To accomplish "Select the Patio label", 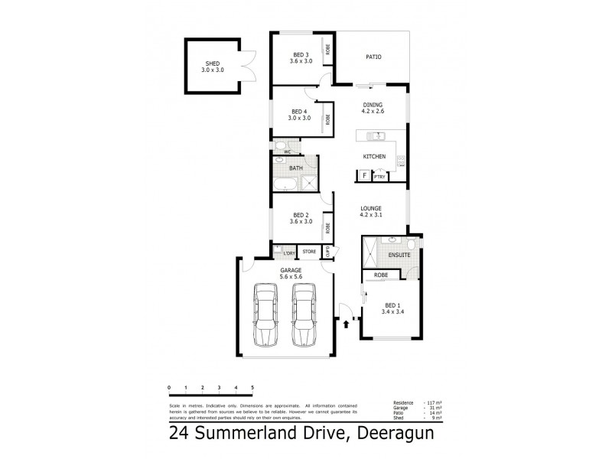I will (x=373, y=57).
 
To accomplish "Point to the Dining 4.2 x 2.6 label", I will (x=373, y=109).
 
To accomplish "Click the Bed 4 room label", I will (x=299, y=115).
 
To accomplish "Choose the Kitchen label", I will (x=373, y=157).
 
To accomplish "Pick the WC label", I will (x=288, y=152).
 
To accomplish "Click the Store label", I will (x=309, y=252).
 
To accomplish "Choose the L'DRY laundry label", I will (x=289, y=252).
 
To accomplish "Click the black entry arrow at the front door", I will (x=347, y=324).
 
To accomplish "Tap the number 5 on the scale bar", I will (x=252, y=389).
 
